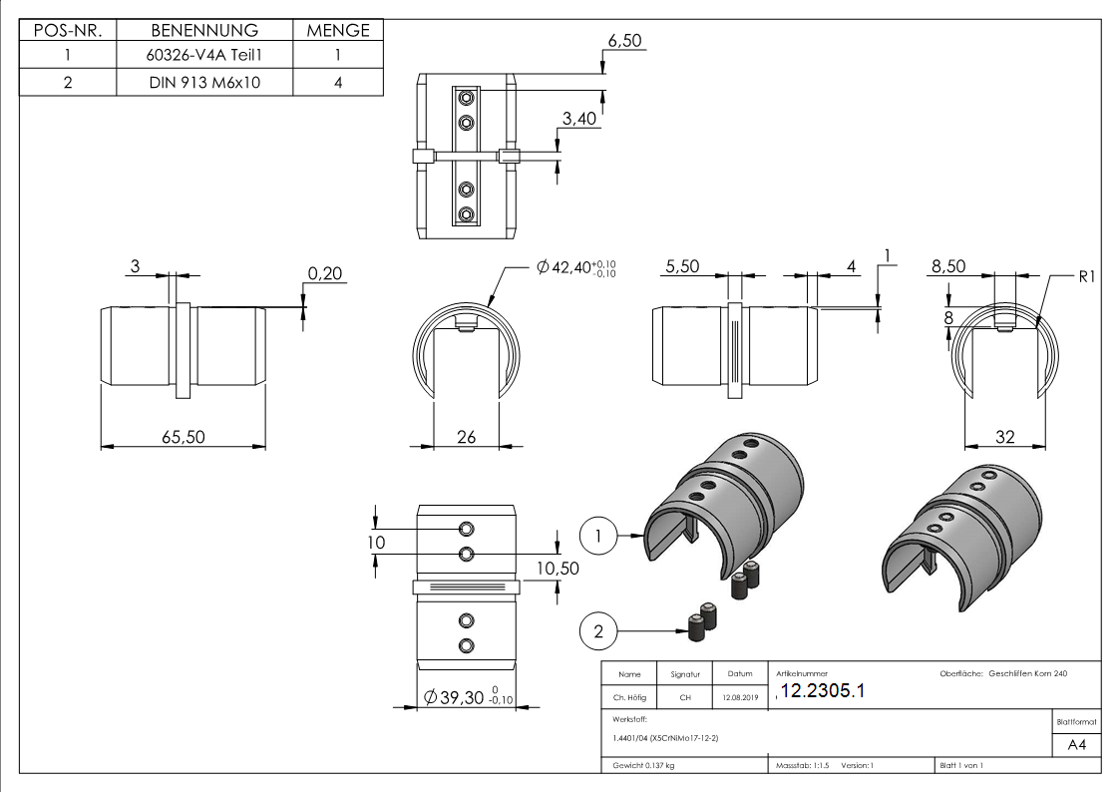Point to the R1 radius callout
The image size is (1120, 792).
pos(1086,276)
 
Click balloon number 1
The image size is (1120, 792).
pos(598,536)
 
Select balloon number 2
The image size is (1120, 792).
pos(598,630)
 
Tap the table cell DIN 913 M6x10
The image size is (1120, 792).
pos(204,82)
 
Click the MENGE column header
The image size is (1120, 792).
pos(338,31)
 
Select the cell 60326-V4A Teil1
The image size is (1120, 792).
pos(204,57)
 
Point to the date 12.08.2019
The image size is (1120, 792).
pos(740,698)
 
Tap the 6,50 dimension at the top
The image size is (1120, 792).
pos(625,41)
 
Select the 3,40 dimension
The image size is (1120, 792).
pos(579,120)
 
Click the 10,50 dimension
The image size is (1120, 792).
pos(557,567)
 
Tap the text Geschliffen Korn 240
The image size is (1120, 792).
pos(1027,674)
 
